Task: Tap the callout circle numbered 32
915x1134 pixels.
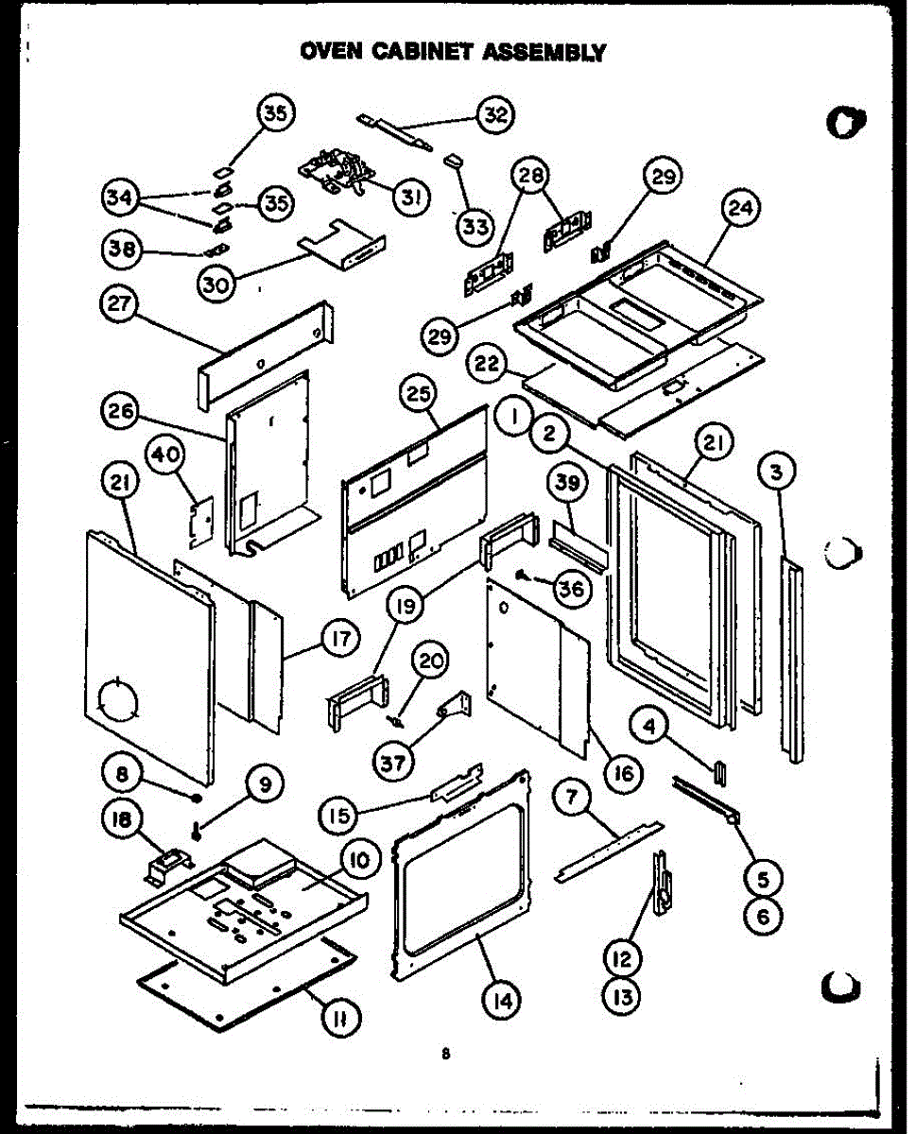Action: tap(493, 115)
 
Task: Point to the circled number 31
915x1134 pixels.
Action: tap(411, 197)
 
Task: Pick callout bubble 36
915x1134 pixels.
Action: tap(570, 589)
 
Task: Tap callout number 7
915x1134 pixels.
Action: tap(571, 796)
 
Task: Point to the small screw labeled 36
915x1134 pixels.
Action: tap(523, 574)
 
